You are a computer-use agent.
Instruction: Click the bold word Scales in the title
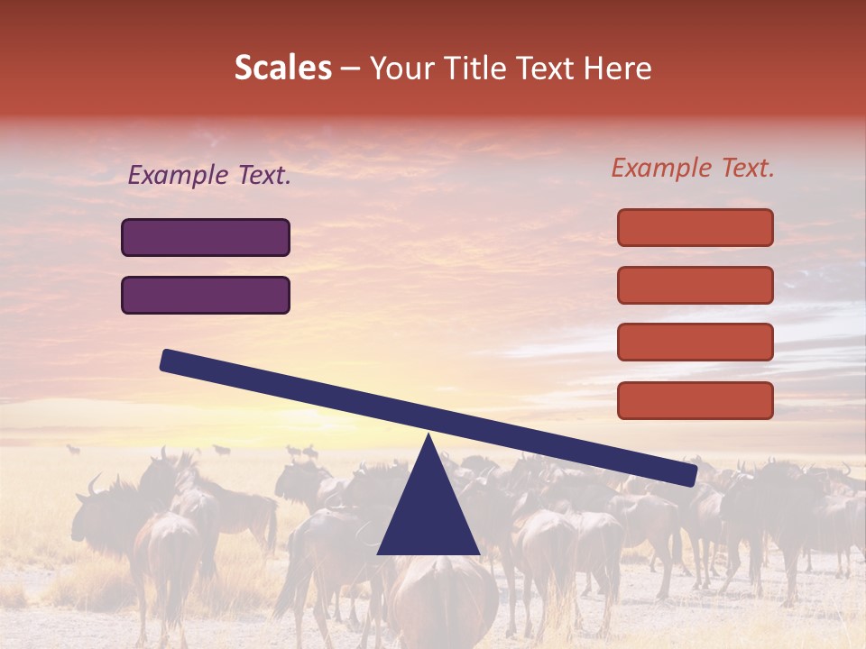pos(282,69)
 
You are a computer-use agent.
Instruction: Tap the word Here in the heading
pos(617,69)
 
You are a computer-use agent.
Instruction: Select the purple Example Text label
pos(209,176)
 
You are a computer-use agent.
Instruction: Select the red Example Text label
pos(693,168)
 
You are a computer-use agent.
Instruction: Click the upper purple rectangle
pos(206,238)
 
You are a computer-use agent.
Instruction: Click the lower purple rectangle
pos(206,296)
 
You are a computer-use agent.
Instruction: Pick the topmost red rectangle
pos(695,227)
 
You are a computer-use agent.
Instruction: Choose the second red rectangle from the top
pos(695,285)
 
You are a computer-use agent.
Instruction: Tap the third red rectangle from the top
pos(695,343)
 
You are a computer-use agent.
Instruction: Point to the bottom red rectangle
pos(695,400)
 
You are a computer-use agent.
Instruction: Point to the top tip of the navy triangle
pos(428,437)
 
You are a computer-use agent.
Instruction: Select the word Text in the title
pos(552,69)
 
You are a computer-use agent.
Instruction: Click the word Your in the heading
pos(402,69)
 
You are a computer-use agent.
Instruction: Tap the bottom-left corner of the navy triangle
pos(380,553)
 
